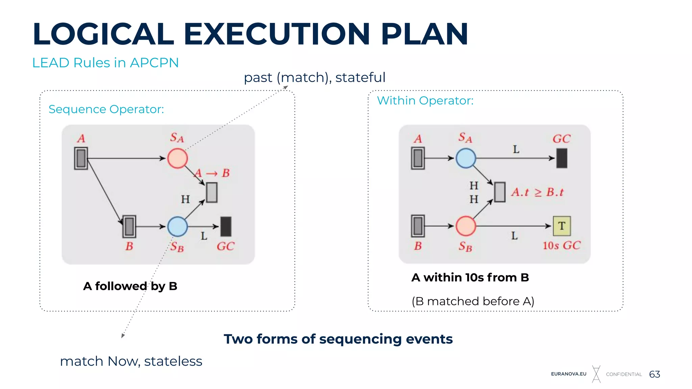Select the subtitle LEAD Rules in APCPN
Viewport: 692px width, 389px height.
tap(105, 63)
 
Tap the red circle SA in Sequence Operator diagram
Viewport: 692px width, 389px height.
tap(177, 158)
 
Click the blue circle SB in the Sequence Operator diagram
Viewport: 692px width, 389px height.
tap(177, 226)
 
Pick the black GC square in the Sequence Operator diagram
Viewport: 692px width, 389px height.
tap(226, 226)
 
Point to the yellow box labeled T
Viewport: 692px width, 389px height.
tap(562, 226)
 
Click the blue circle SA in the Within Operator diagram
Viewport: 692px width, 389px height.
tap(466, 158)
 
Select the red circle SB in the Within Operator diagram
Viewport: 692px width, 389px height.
tap(466, 226)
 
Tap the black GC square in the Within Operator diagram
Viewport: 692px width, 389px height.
tap(562, 158)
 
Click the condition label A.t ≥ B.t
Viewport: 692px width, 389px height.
tap(537, 192)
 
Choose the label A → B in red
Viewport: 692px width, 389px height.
tap(212, 173)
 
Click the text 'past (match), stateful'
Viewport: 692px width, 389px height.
tap(314, 77)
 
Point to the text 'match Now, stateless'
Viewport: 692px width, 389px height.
tap(131, 361)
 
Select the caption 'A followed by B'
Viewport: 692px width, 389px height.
tap(130, 286)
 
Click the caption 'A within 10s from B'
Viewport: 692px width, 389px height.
tap(470, 277)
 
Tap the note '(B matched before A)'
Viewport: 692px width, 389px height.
tap(473, 301)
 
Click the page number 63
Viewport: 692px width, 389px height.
tap(654, 374)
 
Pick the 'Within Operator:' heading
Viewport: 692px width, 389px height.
tap(425, 101)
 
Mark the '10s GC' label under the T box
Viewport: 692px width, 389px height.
tap(561, 245)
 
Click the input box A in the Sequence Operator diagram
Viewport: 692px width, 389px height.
tap(81, 158)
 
